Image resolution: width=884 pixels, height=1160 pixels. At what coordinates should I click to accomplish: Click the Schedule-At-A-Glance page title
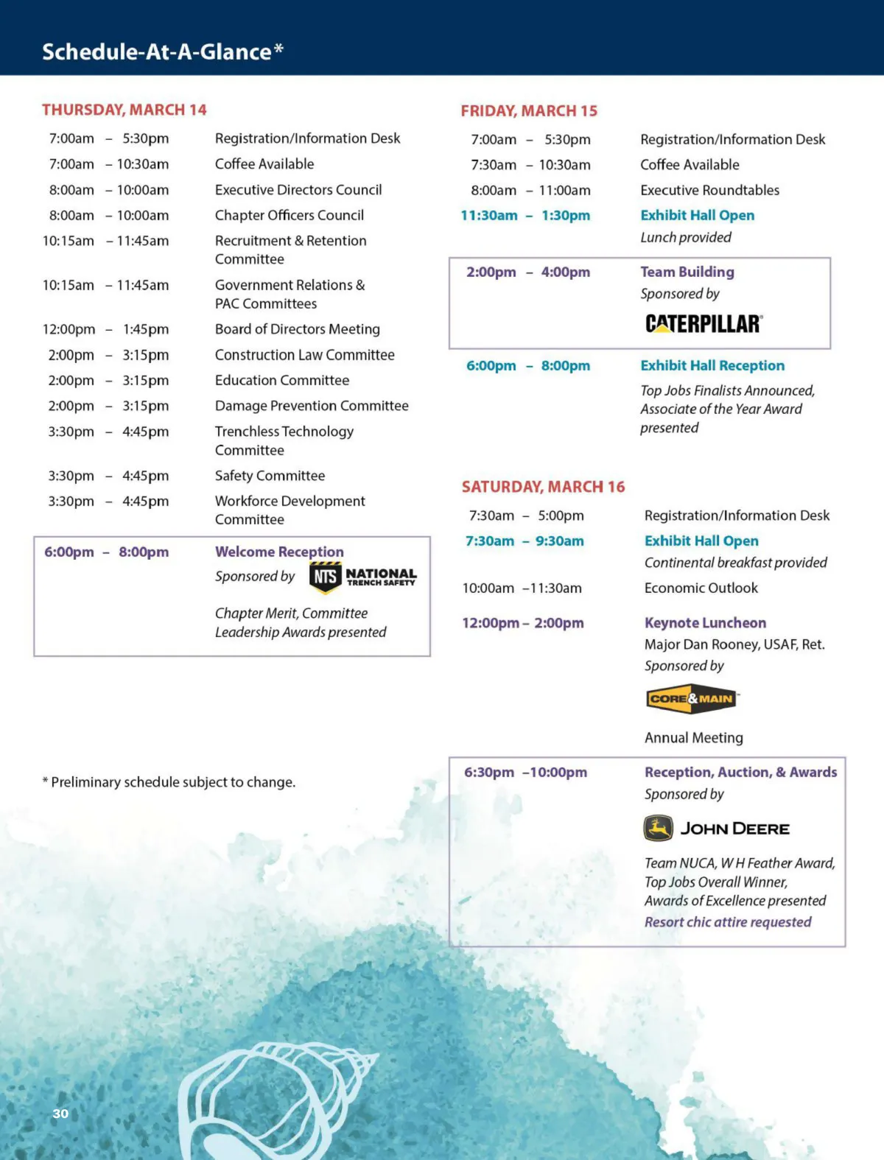coord(162,52)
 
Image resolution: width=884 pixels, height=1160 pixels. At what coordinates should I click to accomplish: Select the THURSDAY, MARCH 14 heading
coord(124,110)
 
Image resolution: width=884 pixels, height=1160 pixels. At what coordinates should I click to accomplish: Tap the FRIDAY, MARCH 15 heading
coord(529,111)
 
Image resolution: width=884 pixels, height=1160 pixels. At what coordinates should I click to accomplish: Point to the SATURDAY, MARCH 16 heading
coord(543,487)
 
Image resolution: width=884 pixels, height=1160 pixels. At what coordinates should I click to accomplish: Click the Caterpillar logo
coord(704,324)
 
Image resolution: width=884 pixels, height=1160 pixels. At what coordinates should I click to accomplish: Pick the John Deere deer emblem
coord(658,829)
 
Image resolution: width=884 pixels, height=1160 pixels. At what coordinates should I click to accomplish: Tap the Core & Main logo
coord(691,699)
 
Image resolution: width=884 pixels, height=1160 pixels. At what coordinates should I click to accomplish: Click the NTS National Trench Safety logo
coord(363,577)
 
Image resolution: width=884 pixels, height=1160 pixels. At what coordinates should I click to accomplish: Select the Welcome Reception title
coord(279,552)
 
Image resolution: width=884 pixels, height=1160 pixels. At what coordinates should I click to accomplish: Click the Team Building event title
coord(687,272)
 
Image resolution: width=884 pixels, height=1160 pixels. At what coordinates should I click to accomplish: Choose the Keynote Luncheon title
coord(705,623)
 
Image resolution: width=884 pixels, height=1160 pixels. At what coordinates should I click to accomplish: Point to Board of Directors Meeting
coord(297,329)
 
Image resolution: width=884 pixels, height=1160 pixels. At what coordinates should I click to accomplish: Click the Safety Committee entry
coord(270,476)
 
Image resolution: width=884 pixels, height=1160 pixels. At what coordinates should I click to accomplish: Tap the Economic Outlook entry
coord(701,588)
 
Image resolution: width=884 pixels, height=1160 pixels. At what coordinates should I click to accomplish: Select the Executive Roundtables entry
coord(709,190)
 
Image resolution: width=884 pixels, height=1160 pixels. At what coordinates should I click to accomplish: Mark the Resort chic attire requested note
coord(727,922)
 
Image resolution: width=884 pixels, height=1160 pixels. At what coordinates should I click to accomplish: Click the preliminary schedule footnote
coord(169,782)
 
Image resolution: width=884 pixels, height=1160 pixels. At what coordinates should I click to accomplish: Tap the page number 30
coord(60,1114)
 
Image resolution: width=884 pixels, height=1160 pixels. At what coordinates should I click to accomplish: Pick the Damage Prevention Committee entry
coord(312,406)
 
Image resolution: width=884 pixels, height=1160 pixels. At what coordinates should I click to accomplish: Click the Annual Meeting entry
coord(693,738)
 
